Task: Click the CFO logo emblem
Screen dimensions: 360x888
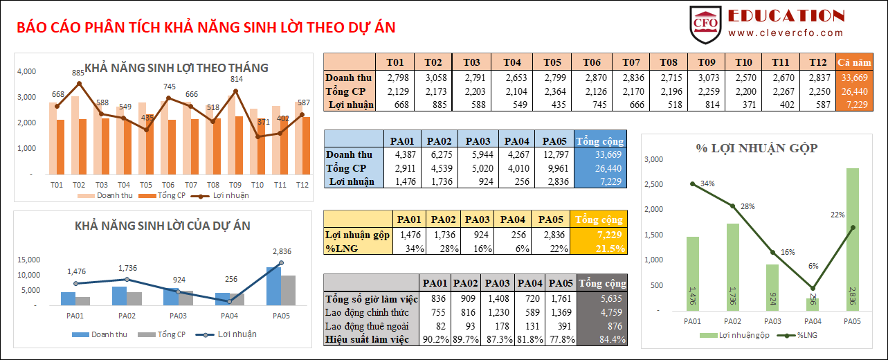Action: pos(706,23)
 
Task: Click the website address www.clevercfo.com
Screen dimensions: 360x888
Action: pos(786,33)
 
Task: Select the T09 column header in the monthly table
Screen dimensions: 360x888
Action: pos(706,62)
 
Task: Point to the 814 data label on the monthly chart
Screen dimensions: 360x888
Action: pos(236,79)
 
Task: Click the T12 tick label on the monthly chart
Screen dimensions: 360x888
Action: pos(302,185)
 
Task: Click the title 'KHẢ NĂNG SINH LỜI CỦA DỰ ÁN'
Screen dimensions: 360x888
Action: pos(163,226)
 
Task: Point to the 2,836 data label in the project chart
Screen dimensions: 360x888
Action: pos(282,251)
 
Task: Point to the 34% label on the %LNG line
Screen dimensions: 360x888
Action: pos(707,183)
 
